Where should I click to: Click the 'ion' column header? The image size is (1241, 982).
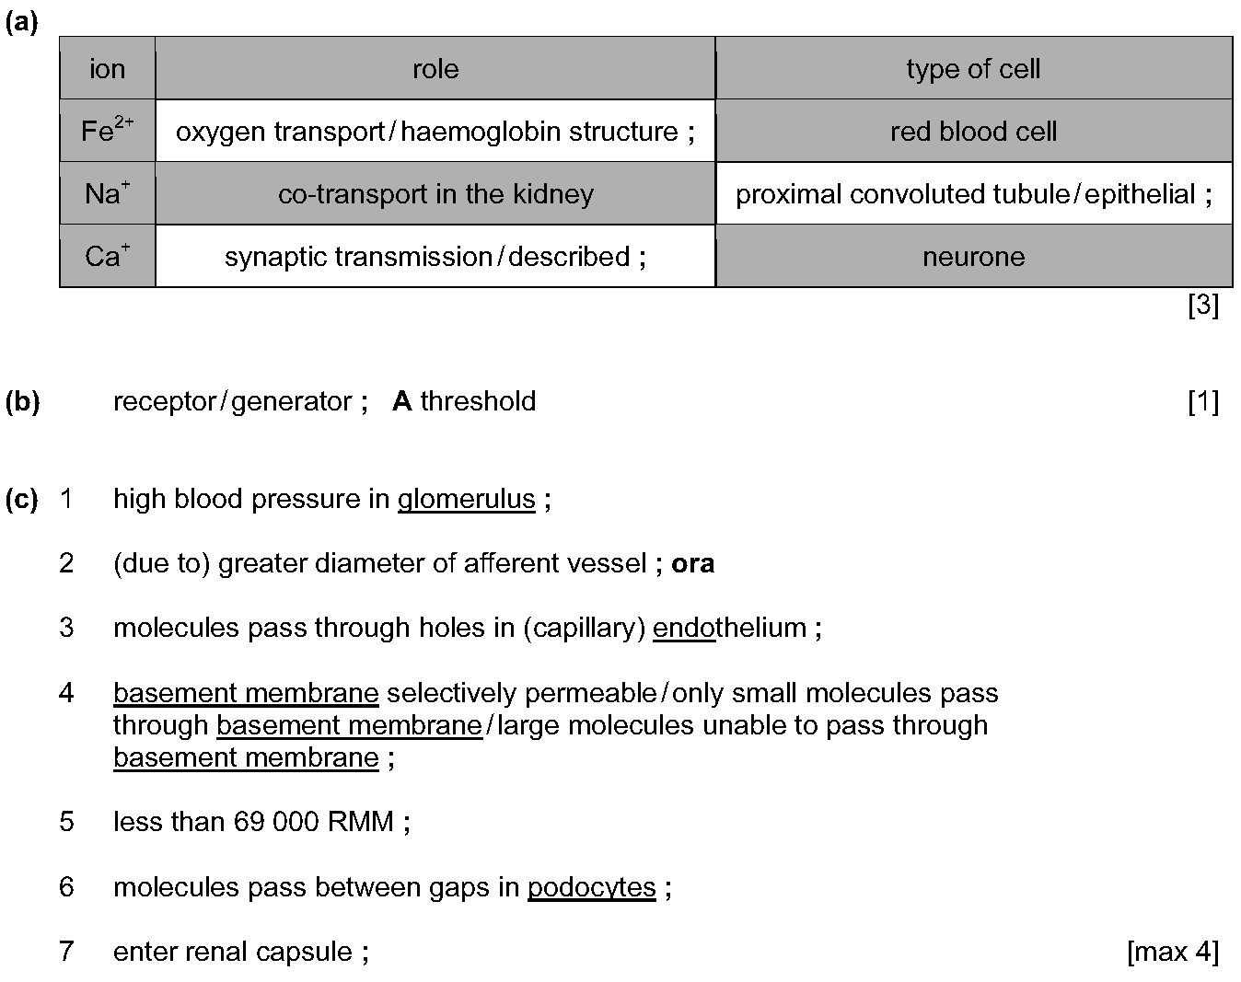tap(108, 69)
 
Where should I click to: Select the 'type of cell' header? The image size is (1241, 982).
tap(973, 69)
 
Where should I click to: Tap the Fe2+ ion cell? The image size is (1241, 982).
tap(108, 131)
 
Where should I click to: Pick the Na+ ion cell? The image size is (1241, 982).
tap(108, 193)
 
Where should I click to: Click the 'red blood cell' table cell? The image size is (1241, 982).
tap(973, 131)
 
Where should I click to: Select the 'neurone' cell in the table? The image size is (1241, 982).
tap(973, 256)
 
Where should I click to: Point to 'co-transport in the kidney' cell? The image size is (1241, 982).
tap(435, 193)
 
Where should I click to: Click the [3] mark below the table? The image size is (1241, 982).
tap(1203, 305)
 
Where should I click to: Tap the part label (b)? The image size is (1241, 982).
tap(22, 400)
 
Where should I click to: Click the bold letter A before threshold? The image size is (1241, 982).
tap(402, 400)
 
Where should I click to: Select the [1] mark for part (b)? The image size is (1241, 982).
tap(1203, 400)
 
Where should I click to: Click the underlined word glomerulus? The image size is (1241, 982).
tap(467, 500)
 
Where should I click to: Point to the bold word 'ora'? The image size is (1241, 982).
tap(692, 563)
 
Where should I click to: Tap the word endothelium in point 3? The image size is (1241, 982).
tap(729, 628)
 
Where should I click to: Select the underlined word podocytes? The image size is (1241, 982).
tap(592, 887)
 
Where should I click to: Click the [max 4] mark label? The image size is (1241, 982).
tap(1173, 952)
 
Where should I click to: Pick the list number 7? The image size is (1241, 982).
tap(66, 952)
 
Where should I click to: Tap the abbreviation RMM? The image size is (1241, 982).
tap(360, 821)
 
